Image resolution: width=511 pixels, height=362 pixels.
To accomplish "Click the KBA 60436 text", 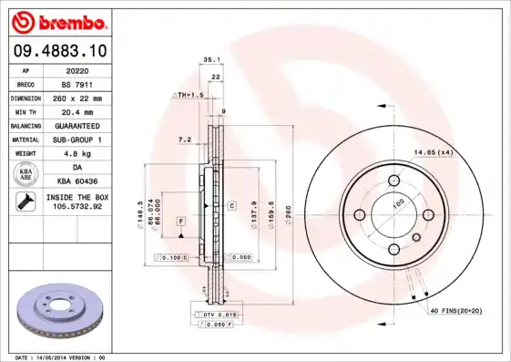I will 77,181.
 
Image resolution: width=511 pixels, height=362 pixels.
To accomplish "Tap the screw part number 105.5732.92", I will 77,207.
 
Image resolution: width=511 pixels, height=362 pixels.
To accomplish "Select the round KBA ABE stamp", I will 26,173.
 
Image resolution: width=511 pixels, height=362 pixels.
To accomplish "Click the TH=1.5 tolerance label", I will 189,95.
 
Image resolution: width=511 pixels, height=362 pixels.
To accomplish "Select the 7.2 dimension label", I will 184,140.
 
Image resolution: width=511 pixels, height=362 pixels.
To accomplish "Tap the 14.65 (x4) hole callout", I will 434,151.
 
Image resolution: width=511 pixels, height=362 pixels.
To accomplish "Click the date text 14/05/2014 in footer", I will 56,357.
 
